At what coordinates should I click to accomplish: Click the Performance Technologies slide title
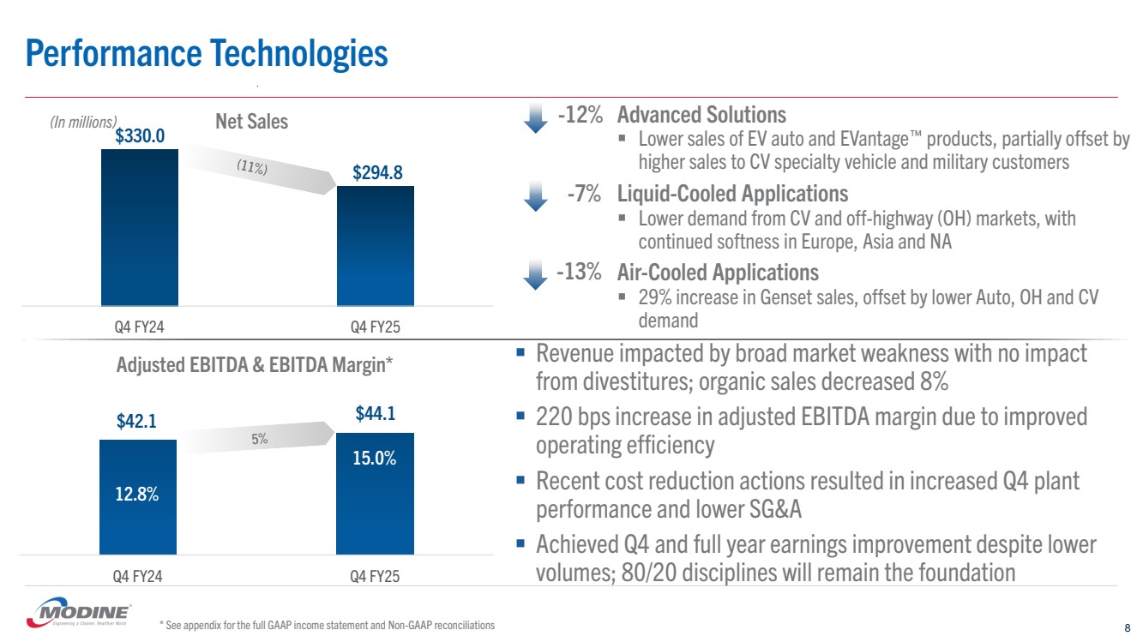click(x=207, y=53)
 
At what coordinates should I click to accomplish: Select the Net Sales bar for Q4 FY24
click(x=139, y=227)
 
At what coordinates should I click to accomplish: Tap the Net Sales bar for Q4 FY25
click(x=375, y=245)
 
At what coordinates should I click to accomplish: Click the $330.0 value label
click(x=141, y=135)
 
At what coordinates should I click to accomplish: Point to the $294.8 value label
click(x=377, y=173)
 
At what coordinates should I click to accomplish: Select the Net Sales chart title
click(x=251, y=122)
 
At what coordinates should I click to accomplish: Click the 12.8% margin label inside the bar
click(x=137, y=495)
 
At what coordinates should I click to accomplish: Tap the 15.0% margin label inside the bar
click(x=375, y=458)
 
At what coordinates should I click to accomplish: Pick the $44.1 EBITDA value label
click(x=375, y=415)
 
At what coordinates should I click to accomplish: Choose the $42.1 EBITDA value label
click(x=137, y=422)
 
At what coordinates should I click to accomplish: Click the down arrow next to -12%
click(x=535, y=117)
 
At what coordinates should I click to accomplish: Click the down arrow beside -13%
click(x=535, y=275)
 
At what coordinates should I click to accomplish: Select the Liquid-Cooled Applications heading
click(x=732, y=194)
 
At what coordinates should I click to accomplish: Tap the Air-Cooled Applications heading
click(x=718, y=273)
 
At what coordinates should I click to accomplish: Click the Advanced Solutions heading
click(x=701, y=114)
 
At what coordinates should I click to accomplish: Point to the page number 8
click(x=1126, y=626)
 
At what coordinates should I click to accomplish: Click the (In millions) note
click(x=82, y=123)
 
